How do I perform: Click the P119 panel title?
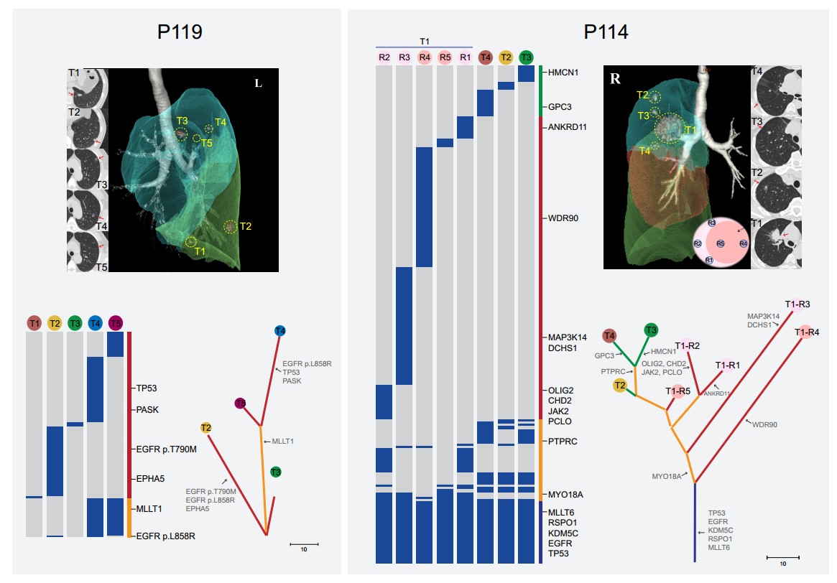180,32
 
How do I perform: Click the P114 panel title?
606,32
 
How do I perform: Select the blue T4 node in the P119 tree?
279,331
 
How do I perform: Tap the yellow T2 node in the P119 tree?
206,428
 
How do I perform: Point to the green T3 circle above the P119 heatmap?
75,323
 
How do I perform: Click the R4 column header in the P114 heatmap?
425,57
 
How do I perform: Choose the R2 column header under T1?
384,57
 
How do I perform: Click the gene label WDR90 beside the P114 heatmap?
563,218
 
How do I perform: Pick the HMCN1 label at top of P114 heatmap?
564,73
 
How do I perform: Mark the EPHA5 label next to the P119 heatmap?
152,478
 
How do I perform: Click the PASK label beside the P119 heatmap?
147,410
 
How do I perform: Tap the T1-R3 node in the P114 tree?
797,304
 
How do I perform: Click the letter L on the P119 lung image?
259,83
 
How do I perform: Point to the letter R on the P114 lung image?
615,79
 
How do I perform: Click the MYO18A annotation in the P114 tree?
666,476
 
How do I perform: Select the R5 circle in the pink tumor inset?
721,244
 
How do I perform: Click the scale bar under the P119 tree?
304,545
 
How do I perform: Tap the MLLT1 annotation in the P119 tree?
282,441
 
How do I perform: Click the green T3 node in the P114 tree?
651,330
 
